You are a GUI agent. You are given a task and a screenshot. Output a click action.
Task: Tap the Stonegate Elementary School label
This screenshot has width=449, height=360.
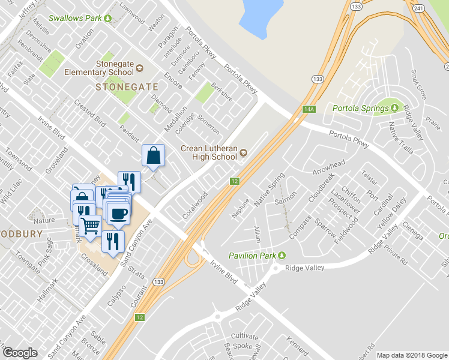115,68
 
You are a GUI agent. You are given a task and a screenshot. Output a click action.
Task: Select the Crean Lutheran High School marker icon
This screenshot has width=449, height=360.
243,153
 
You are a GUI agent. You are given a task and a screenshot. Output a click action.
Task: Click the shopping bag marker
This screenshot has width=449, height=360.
154,155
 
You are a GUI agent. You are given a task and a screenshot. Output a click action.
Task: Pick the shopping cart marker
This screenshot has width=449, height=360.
90,226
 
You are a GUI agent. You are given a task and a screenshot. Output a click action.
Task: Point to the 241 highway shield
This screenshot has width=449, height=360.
419,7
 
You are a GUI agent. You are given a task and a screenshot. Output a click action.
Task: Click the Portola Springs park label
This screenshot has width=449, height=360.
360,109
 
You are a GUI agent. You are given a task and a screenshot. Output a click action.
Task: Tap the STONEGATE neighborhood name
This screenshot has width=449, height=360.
127,87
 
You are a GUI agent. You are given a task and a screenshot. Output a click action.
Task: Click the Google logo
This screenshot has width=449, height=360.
20,353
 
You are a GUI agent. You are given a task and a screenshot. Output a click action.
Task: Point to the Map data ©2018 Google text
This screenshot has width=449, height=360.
412,355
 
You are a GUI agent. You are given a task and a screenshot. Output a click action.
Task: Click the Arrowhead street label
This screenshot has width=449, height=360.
328,164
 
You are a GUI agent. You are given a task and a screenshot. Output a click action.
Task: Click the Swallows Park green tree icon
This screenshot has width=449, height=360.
107,19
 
